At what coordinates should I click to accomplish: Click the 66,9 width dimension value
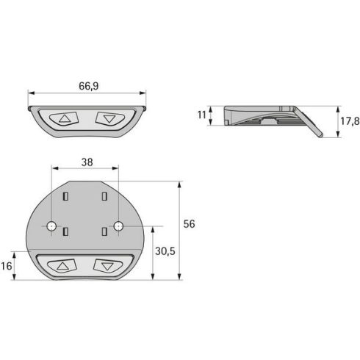click(87, 86)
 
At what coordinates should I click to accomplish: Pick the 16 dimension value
click(7, 266)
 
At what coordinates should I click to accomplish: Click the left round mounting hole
click(51, 226)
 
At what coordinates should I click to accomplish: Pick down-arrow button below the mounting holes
click(108, 266)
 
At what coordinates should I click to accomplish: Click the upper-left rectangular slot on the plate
click(66, 196)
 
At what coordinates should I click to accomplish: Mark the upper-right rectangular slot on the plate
click(104, 196)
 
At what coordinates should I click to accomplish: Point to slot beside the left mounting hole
click(66, 231)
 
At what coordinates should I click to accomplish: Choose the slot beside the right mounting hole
click(104, 231)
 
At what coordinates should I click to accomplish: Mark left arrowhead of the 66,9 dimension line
click(31, 93)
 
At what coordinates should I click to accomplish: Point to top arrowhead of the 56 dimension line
click(179, 184)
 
